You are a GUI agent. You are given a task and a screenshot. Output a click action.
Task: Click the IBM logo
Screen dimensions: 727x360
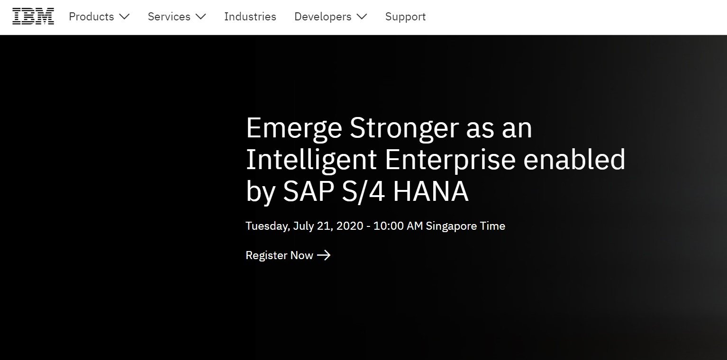coord(33,16)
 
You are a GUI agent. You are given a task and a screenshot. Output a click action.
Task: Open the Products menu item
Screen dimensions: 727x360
coord(91,17)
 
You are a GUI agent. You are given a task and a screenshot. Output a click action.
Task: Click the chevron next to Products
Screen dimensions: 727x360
coord(124,17)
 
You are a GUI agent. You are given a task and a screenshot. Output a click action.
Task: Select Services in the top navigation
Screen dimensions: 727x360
coord(169,17)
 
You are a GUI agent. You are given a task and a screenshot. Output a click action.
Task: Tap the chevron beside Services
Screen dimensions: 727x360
coord(201,17)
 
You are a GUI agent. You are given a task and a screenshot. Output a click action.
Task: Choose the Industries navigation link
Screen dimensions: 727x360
coord(250,17)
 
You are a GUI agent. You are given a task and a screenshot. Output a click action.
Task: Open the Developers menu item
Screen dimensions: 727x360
coord(323,17)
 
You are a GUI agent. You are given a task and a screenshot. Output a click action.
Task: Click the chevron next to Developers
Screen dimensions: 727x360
coord(362,17)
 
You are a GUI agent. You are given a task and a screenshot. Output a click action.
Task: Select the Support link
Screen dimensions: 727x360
coord(405,17)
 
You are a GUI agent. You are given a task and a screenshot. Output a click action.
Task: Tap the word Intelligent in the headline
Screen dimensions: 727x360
coord(311,160)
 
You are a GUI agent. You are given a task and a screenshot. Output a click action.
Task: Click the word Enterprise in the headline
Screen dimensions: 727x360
coord(450,160)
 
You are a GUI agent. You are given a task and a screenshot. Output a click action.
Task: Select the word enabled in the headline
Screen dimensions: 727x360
coord(574,159)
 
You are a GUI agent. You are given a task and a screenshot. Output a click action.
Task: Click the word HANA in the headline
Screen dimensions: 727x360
coord(431,191)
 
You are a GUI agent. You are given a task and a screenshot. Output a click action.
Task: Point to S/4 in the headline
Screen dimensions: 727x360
coord(363,192)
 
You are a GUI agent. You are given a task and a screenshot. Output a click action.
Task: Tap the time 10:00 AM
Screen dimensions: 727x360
coord(398,226)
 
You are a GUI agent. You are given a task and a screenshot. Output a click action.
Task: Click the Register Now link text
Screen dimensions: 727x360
coord(279,255)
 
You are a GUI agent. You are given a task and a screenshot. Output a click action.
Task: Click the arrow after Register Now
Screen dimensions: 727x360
coord(324,255)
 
